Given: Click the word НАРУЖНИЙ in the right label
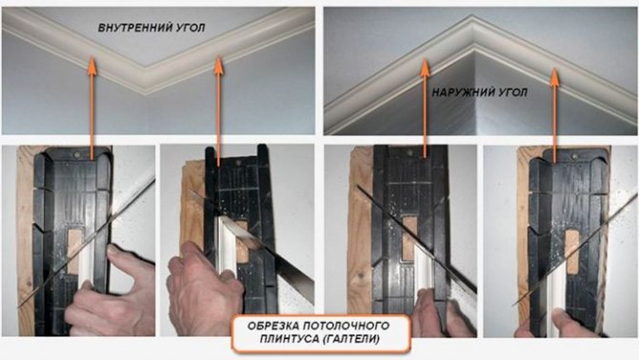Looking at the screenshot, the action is click(x=460, y=92).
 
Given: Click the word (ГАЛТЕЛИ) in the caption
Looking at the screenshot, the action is click(x=350, y=339).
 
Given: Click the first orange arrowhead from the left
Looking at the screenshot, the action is click(x=92, y=65).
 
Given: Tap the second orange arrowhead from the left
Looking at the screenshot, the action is click(x=219, y=65).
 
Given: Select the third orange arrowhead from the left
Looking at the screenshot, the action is click(x=425, y=68).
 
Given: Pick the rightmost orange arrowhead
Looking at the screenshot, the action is click(x=554, y=77).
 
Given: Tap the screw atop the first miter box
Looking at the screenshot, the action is click(x=78, y=155).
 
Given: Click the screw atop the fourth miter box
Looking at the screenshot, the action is click(x=575, y=156).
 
